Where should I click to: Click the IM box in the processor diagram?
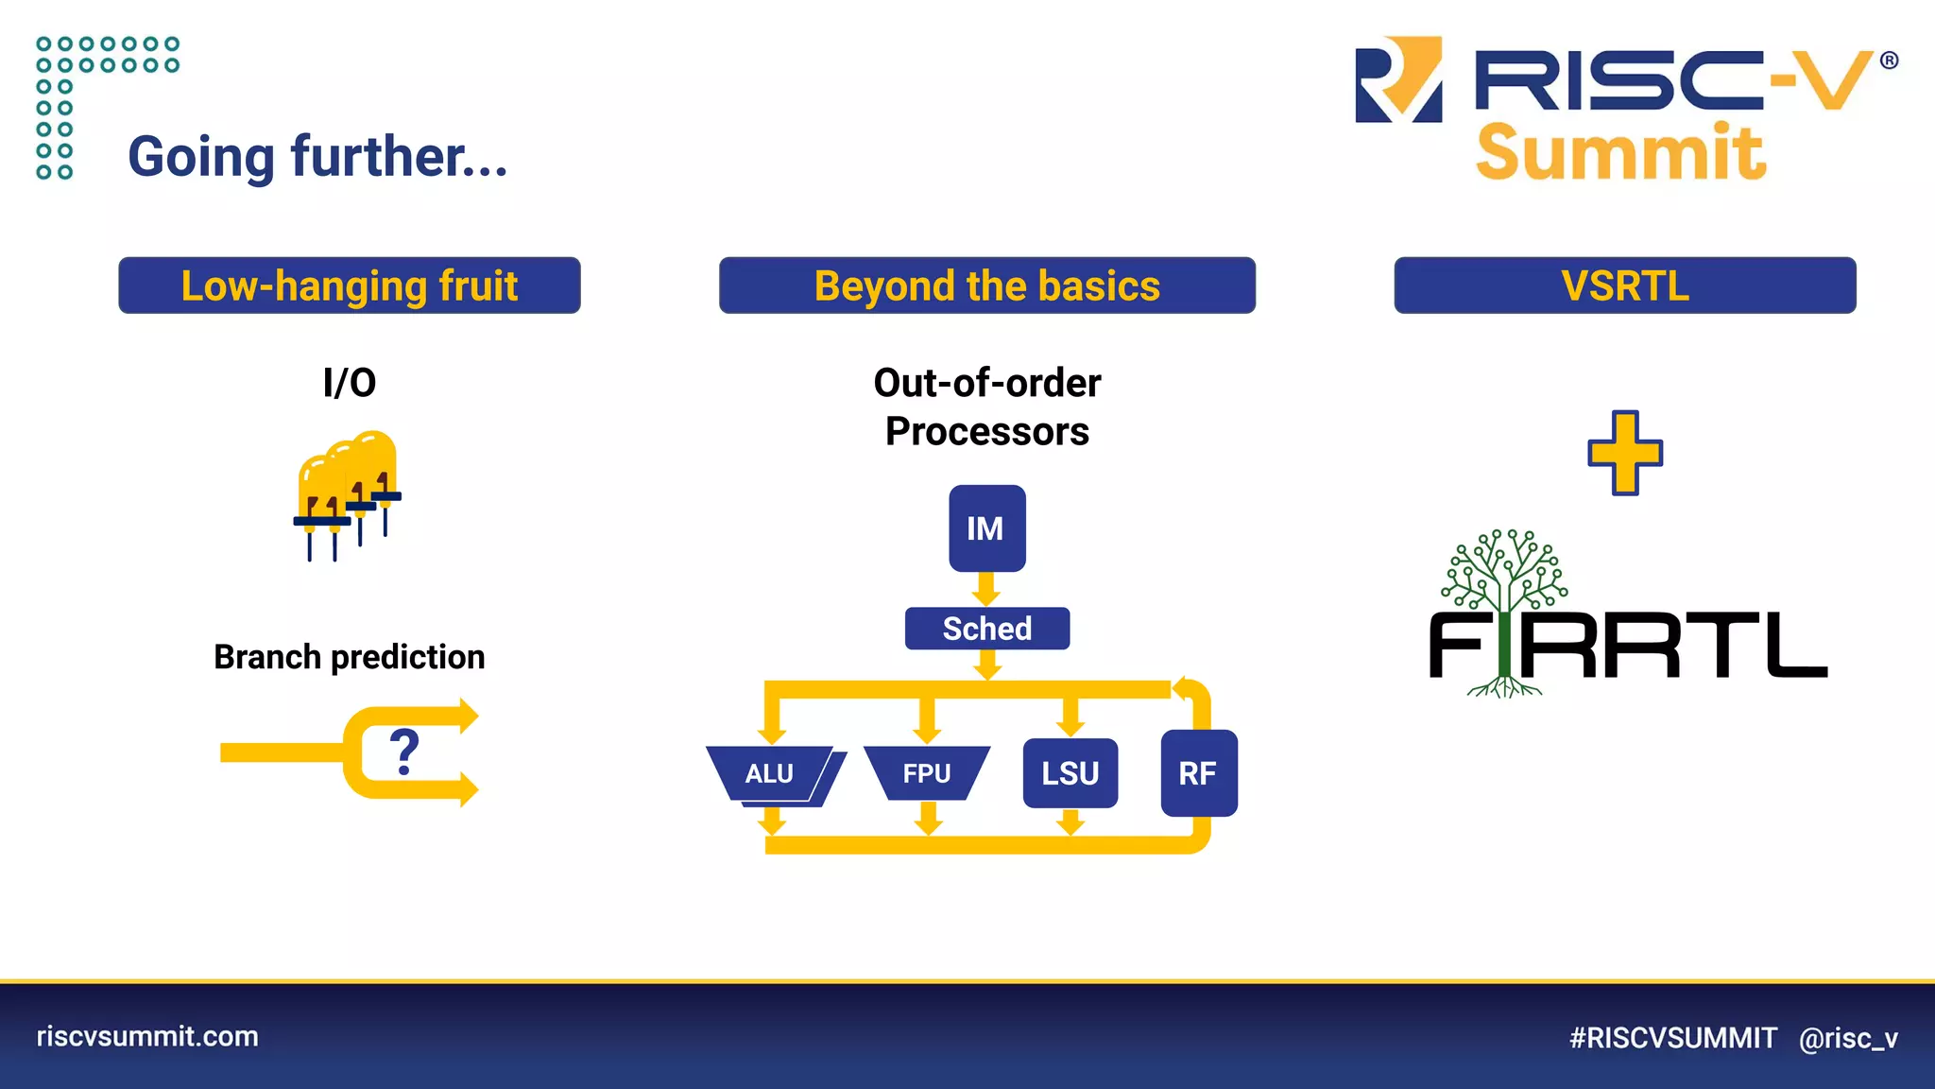(986, 528)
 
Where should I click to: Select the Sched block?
(986, 629)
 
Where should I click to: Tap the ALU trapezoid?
(770, 773)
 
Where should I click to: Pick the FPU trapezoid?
(926, 773)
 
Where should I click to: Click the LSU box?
(1070, 773)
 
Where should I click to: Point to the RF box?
(1198, 773)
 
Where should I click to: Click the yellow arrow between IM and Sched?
(986, 590)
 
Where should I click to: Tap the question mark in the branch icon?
(404, 752)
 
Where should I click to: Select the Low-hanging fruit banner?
(350, 285)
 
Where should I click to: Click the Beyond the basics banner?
(986, 285)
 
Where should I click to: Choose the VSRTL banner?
(1624, 285)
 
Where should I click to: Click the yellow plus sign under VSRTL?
(1624, 453)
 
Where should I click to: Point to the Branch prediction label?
(350, 657)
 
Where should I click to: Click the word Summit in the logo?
(1619, 153)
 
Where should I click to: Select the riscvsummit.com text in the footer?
(147, 1036)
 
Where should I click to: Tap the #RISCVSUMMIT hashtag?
(1672, 1038)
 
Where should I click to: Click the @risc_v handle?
(1848, 1038)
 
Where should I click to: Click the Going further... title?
(317, 157)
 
